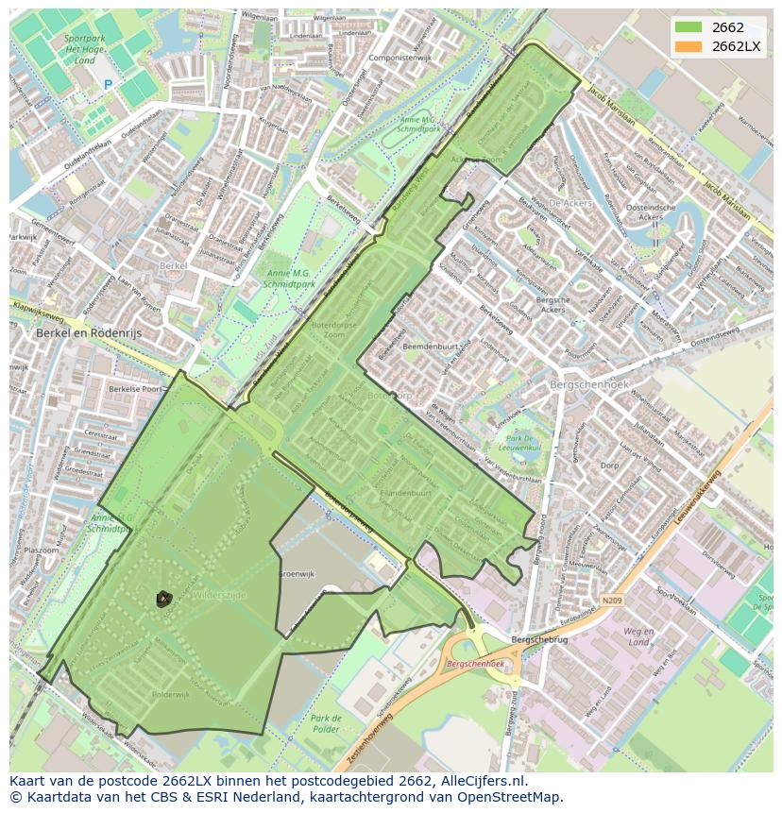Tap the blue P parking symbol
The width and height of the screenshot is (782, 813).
[x=108, y=85]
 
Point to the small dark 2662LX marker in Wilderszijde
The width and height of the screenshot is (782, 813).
[x=163, y=598]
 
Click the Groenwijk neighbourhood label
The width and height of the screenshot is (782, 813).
[x=296, y=573]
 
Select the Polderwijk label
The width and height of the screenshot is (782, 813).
[x=171, y=694]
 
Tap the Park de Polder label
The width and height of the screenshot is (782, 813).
[x=326, y=723]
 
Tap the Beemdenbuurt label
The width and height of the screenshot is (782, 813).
[x=431, y=347]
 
